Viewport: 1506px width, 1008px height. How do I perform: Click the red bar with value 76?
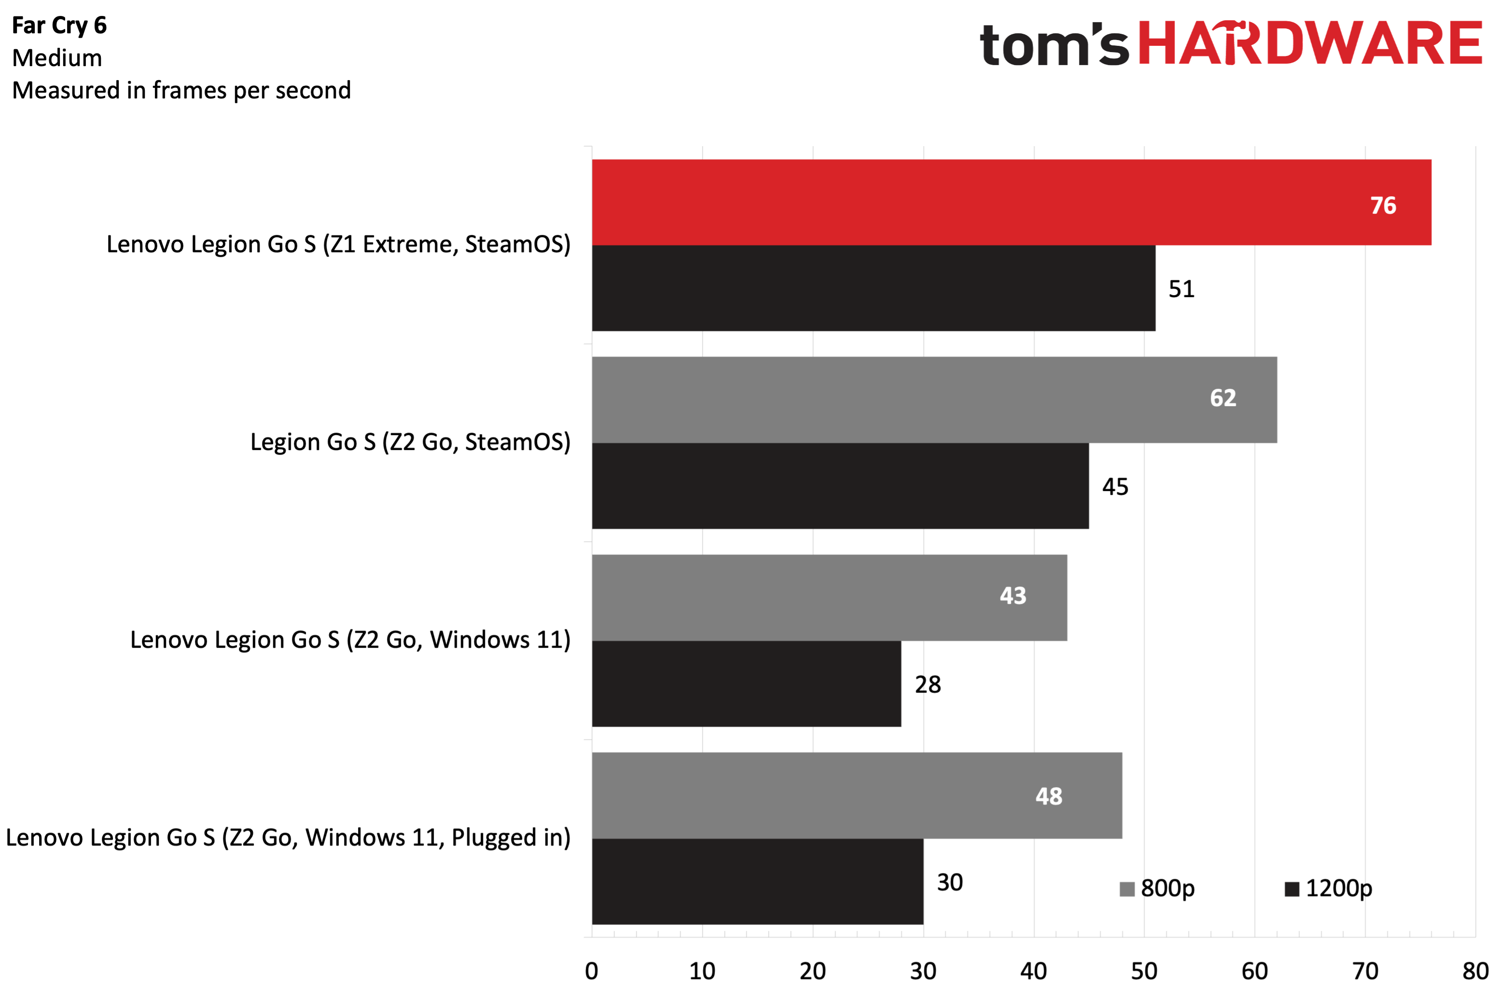(x=1011, y=203)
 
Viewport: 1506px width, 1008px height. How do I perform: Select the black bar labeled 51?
(x=873, y=288)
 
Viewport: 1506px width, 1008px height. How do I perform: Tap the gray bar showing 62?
(x=934, y=400)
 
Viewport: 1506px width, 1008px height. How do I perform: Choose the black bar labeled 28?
(x=746, y=683)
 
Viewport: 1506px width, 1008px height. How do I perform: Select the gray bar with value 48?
(x=857, y=795)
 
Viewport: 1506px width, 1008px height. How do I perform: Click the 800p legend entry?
(x=1158, y=888)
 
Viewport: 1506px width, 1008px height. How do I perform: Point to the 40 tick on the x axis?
(x=1034, y=971)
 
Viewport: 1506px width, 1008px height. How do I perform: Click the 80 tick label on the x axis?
(x=1475, y=971)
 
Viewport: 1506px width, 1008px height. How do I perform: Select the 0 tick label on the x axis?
(x=592, y=971)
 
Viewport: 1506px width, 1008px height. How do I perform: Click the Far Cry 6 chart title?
(x=59, y=26)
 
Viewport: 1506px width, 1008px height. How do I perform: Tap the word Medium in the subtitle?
(x=57, y=58)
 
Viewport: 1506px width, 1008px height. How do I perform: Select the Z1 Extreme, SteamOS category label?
(x=338, y=245)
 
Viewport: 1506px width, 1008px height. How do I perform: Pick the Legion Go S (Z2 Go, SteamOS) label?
(x=410, y=442)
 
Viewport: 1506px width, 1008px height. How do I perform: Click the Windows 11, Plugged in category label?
(x=288, y=838)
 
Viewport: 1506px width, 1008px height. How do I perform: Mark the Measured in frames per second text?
(x=181, y=91)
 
